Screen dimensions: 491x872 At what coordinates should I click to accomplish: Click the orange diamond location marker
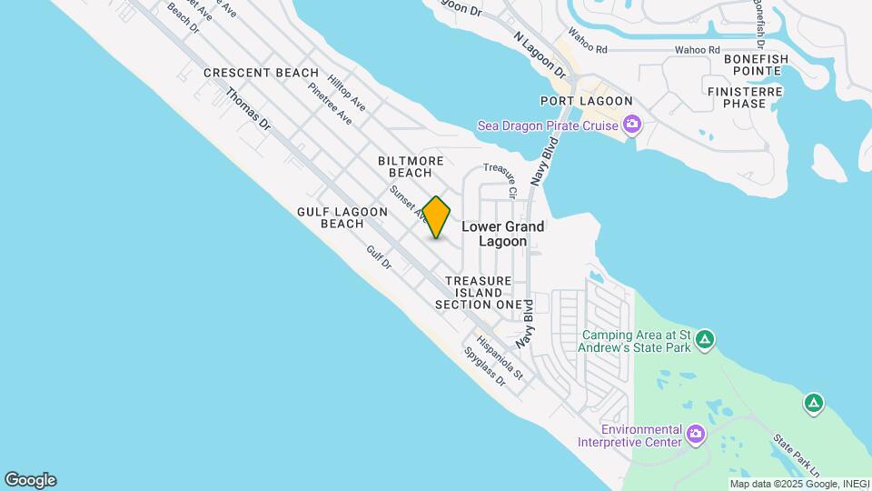point(437,217)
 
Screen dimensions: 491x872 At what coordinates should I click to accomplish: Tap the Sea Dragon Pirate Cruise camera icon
point(631,124)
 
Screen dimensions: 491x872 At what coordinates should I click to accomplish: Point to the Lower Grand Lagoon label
point(503,234)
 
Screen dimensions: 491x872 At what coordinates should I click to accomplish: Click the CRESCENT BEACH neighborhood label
point(261,73)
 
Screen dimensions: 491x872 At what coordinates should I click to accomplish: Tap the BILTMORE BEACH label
point(411,166)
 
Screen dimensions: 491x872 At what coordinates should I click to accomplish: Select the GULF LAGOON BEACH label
point(342,217)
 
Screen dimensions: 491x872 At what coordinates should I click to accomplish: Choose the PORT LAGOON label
point(586,101)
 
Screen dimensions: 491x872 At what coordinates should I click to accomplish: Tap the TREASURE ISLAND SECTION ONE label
point(479,293)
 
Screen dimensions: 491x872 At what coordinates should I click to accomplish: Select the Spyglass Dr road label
point(483,366)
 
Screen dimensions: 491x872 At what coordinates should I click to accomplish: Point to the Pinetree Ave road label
point(330,103)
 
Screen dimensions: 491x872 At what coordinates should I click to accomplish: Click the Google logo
point(29,480)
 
